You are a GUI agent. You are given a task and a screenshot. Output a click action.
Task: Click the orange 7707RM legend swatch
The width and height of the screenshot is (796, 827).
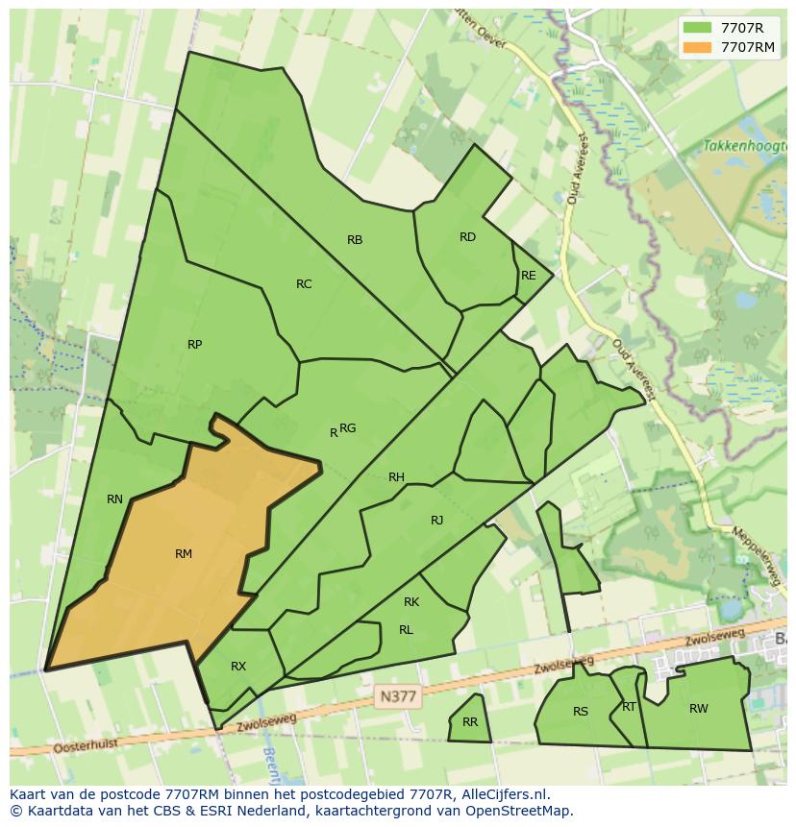(x=698, y=47)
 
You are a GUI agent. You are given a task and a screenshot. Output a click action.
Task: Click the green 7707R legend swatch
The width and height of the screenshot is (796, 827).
(x=698, y=28)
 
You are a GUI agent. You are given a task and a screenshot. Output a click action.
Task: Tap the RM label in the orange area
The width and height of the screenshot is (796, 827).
(x=184, y=554)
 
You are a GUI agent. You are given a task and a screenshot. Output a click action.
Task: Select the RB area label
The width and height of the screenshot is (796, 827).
(x=355, y=240)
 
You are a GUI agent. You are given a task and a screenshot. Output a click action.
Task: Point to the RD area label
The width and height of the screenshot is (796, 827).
(x=467, y=237)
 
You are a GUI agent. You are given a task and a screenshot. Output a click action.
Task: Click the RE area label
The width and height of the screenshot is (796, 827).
(x=528, y=276)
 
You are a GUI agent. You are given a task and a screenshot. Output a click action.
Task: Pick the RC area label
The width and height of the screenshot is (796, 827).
(x=304, y=284)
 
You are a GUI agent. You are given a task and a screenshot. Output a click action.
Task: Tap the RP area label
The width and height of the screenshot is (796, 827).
(x=195, y=345)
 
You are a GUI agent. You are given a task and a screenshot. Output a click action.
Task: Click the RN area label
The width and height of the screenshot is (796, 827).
(x=115, y=499)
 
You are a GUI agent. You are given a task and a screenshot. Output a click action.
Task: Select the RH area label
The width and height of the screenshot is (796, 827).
(x=396, y=477)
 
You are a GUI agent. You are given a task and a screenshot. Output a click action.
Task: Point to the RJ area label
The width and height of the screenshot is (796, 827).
(x=437, y=521)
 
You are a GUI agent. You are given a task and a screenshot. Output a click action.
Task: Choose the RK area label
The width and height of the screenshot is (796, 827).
(x=411, y=602)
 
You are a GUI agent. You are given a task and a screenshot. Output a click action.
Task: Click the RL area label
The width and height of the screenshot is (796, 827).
(x=406, y=630)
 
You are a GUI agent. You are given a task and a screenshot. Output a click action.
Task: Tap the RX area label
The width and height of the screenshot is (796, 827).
(x=238, y=667)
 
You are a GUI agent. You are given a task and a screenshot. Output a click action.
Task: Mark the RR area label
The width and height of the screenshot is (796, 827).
(x=470, y=722)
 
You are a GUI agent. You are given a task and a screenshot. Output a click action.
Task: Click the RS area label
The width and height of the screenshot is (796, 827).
(x=581, y=712)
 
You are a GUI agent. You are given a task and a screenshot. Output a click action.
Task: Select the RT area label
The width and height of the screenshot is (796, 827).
(x=629, y=707)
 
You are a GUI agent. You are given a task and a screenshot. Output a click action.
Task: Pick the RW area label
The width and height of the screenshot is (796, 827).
(x=699, y=709)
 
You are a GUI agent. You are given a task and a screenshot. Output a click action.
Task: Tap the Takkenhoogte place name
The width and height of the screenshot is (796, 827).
(x=738, y=146)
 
